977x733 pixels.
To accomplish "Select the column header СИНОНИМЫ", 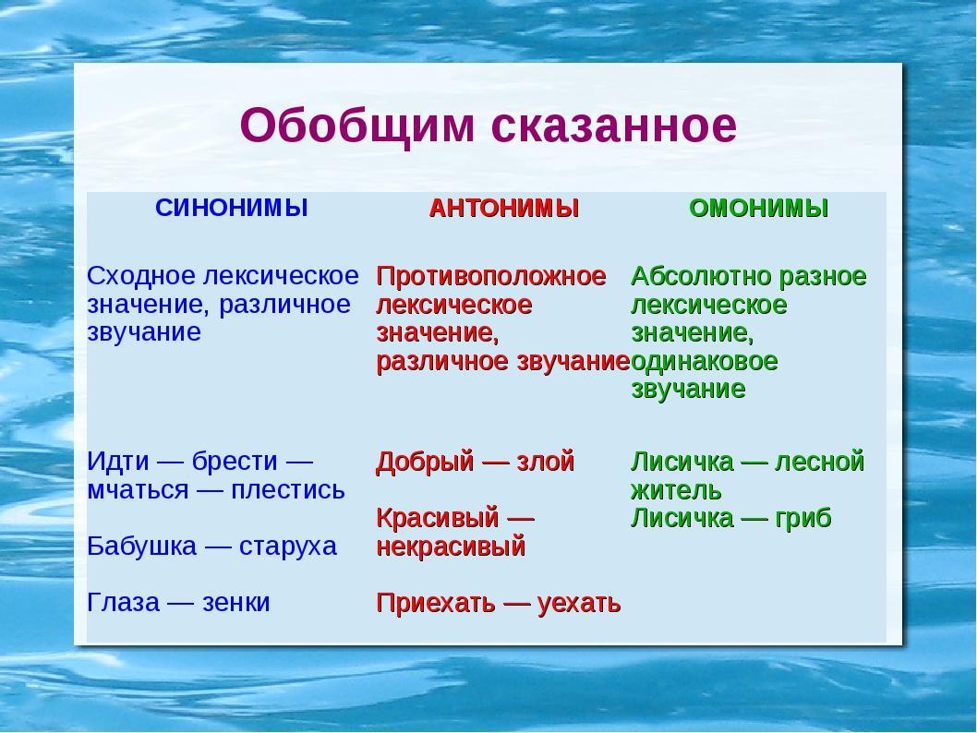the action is tap(232, 208).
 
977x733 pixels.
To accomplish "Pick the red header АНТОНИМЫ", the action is tap(504, 208).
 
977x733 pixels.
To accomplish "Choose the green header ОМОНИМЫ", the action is tap(759, 208).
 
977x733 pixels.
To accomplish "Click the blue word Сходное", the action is tap(142, 275).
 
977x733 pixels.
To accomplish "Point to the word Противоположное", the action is tap(491, 277).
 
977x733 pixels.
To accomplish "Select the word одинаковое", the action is tap(704, 361).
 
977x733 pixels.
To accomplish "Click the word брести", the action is tap(235, 462).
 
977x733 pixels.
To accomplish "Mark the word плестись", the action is tap(288, 490).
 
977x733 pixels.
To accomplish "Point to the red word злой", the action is tap(545, 462).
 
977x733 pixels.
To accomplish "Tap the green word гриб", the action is tap(803, 519).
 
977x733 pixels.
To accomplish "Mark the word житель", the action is tap(676, 491).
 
